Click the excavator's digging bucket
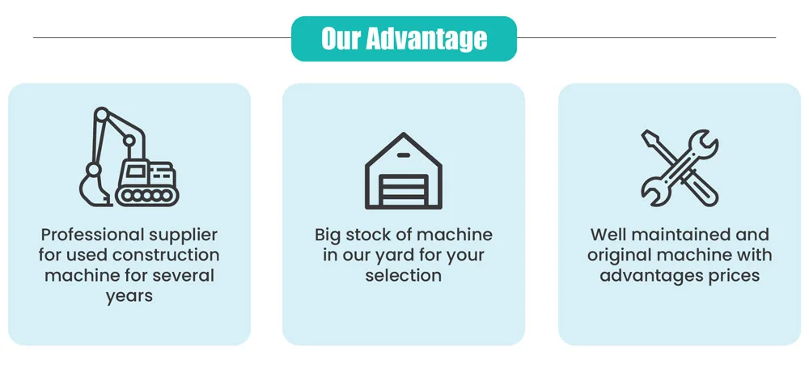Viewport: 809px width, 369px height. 92,188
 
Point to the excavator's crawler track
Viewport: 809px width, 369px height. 146,195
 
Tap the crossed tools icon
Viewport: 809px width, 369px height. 680,168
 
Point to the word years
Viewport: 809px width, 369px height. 129,296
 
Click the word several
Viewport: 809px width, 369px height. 185,276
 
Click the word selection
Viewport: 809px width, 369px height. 404,276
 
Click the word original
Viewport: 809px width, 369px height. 620,256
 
